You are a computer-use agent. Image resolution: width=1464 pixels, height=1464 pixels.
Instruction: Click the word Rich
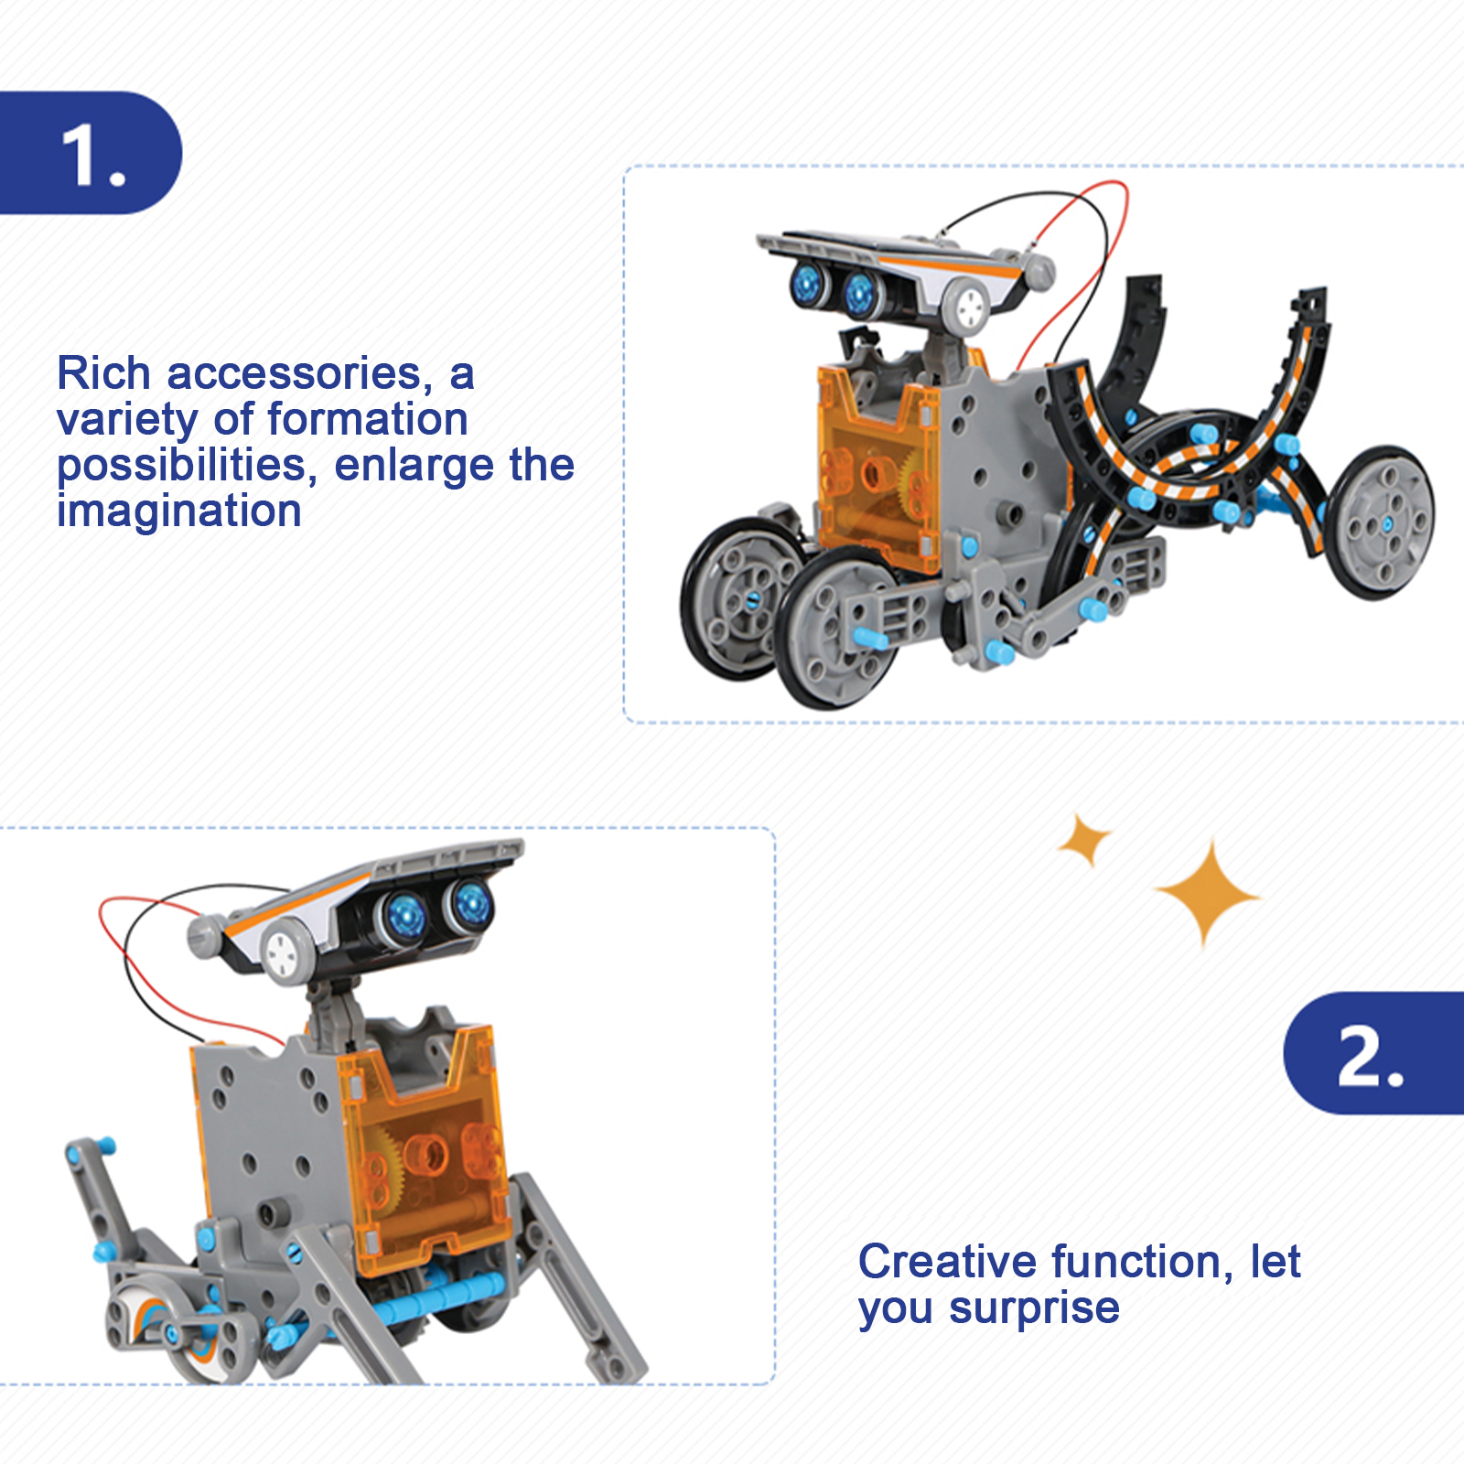pos(103,373)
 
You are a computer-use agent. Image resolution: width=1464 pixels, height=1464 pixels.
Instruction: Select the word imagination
pos(179,511)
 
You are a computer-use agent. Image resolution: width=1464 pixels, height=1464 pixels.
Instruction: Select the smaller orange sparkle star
pos(1084,839)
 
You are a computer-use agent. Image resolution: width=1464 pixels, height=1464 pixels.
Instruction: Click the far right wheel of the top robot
pos(1381,523)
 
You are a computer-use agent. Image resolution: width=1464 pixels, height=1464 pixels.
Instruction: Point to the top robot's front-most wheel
pos(837,629)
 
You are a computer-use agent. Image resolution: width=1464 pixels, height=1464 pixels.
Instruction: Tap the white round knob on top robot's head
pos(967,308)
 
